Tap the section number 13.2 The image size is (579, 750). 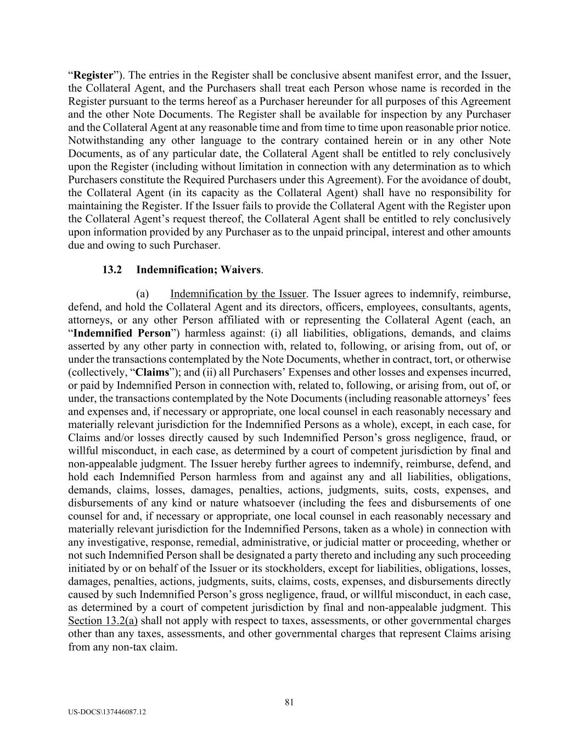112,270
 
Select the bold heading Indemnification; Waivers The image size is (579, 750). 199,270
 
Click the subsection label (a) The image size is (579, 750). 143,294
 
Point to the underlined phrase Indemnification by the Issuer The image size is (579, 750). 238,294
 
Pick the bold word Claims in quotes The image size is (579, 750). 152,373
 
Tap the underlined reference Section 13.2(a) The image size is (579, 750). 103,621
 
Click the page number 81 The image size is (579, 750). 290,702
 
